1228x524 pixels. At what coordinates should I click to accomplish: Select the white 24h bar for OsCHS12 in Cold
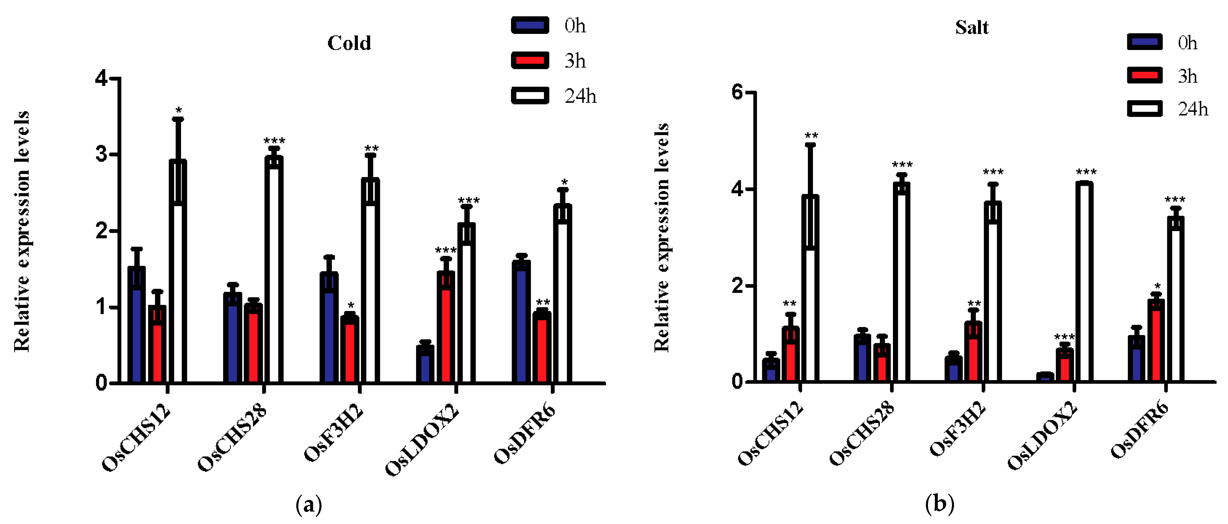(x=178, y=272)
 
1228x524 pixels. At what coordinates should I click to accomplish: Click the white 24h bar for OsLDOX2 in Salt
(x=1084, y=281)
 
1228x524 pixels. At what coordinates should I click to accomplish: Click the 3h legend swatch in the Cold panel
(x=530, y=60)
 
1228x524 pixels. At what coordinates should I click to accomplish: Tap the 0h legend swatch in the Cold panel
(x=530, y=25)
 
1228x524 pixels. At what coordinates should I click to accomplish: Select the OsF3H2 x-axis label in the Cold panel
(x=334, y=433)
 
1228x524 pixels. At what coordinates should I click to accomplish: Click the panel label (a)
(x=309, y=504)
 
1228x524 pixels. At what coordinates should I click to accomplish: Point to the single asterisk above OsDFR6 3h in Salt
(x=1157, y=286)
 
